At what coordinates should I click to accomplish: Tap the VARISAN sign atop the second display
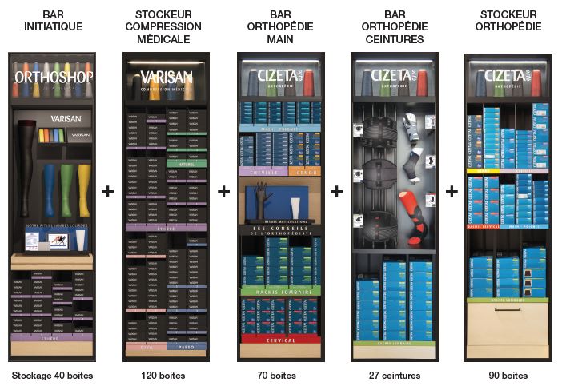pos(167,78)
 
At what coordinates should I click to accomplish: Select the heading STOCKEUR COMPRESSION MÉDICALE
pos(168,26)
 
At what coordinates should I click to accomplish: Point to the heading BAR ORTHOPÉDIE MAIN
pos(281,26)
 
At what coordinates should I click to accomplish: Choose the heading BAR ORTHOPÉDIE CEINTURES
pos(395,26)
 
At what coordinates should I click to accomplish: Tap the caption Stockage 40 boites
pos(52,375)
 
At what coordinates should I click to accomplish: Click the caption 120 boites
pos(167,375)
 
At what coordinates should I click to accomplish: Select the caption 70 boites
pos(281,375)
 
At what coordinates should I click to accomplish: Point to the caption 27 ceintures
pos(395,375)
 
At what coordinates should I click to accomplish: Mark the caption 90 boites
pos(508,375)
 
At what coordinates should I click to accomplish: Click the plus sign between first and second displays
pos(109,192)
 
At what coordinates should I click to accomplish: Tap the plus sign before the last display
pos(452,192)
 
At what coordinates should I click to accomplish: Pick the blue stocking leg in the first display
pos(50,189)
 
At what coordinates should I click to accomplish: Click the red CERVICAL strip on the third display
pos(280,340)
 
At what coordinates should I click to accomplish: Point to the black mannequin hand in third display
pos(262,200)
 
